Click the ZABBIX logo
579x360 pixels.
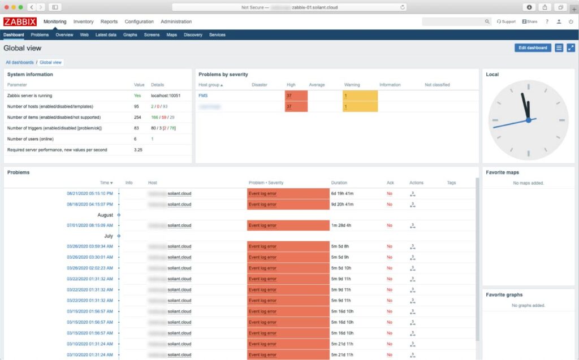click(20, 21)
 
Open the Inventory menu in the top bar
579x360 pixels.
click(84, 21)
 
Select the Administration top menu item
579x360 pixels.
click(176, 21)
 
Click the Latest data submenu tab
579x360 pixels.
click(106, 34)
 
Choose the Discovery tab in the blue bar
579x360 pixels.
click(193, 34)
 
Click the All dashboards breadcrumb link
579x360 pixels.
click(20, 62)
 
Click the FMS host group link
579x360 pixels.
click(203, 96)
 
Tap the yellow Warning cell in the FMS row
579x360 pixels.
click(360, 96)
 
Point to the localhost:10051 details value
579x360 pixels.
click(165, 96)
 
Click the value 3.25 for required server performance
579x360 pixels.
click(138, 150)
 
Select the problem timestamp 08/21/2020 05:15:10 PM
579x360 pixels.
click(89, 193)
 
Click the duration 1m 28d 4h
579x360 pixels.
click(341, 225)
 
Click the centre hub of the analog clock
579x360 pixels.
click(528, 120)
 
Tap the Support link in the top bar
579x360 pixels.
click(506, 21)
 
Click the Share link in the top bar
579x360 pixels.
click(530, 21)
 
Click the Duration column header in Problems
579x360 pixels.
click(339, 183)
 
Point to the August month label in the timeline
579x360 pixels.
click(105, 215)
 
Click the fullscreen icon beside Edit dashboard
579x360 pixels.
click(571, 47)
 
